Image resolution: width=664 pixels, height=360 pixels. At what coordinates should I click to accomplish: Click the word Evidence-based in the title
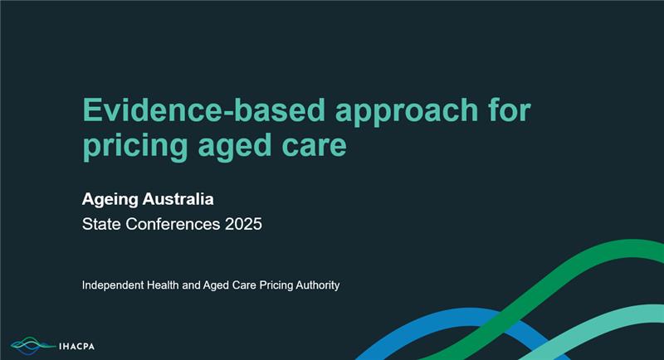204,109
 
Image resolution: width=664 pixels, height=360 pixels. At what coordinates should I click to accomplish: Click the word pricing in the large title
135,147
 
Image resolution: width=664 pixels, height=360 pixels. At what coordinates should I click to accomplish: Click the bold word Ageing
110,200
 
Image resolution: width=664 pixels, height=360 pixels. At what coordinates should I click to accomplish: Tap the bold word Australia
178,199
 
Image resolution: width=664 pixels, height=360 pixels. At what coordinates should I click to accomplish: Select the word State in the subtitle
101,224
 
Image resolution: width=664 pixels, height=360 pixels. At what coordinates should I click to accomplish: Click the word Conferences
173,224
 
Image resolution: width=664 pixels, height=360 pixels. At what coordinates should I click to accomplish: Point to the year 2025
243,224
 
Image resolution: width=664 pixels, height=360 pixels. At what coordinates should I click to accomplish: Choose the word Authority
318,285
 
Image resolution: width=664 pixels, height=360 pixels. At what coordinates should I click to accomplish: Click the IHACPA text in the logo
76,347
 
